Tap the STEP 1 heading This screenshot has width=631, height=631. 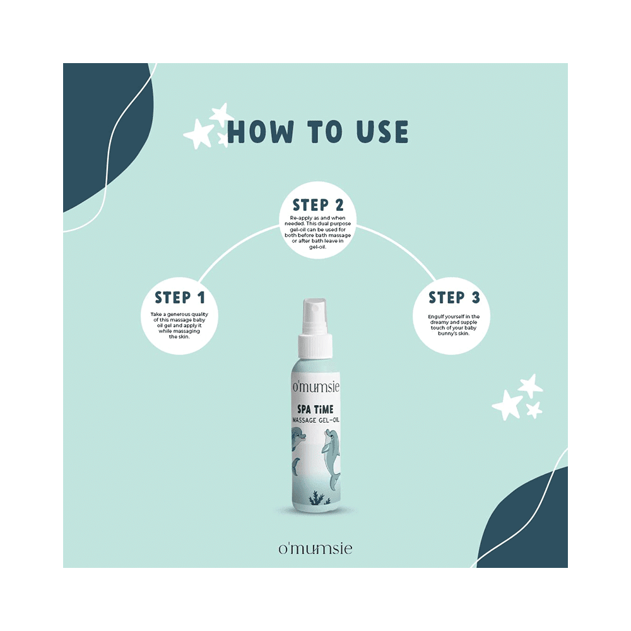click(180, 298)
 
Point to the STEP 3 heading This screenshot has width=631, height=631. click(454, 298)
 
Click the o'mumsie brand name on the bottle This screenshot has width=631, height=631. click(315, 387)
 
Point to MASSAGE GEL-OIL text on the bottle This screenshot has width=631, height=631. click(315, 420)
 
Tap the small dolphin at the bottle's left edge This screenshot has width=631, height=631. click(295, 442)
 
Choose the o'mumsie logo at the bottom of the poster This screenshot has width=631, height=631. click(315, 548)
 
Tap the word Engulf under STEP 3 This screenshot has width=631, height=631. click(425, 316)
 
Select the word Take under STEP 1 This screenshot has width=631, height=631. click(156, 314)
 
